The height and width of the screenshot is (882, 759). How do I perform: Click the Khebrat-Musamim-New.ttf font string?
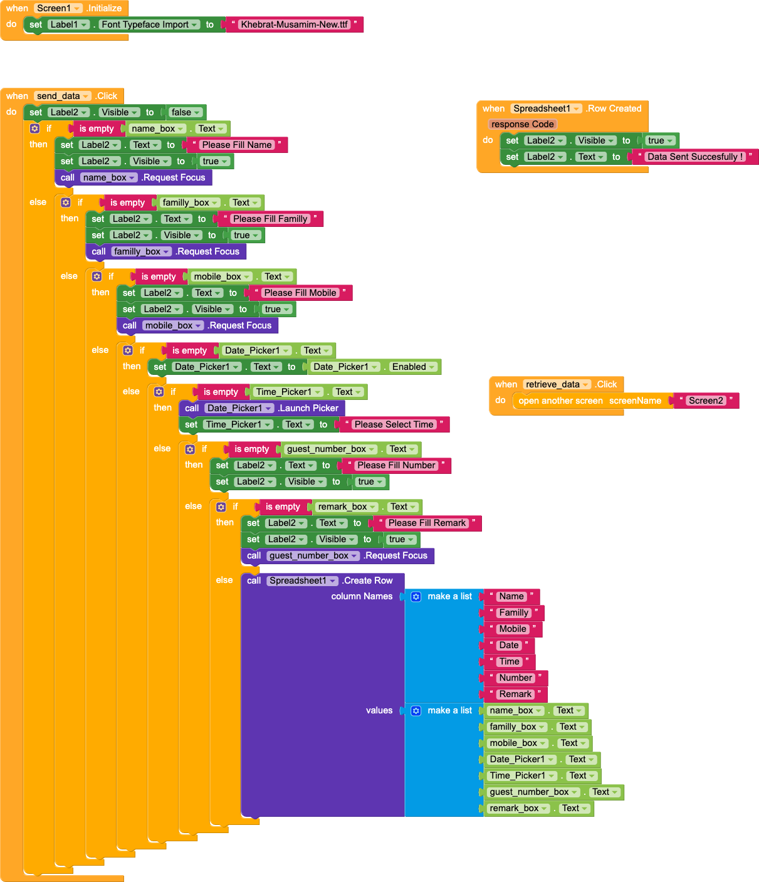(294, 24)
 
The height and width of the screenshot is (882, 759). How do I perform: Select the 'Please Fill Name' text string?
(237, 145)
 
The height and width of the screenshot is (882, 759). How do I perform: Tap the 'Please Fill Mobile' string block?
(300, 293)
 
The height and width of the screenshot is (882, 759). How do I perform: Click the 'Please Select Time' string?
(394, 424)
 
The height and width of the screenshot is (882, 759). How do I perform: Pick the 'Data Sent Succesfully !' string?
(695, 157)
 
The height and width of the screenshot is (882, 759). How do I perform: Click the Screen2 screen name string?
(706, 401)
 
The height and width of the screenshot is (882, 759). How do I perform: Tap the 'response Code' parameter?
(522, 124)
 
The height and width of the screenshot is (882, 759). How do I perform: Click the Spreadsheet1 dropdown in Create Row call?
(303, 580)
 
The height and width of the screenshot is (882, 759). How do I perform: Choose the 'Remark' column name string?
(515, 694)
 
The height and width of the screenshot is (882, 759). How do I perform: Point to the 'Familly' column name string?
(514, 612)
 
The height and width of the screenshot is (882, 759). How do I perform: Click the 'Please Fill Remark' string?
(427, 523)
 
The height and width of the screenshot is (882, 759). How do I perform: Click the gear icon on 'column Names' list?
(416, 597)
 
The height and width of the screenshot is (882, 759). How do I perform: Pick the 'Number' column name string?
(515, 678)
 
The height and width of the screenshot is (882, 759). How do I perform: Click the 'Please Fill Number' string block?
(396, 465)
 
